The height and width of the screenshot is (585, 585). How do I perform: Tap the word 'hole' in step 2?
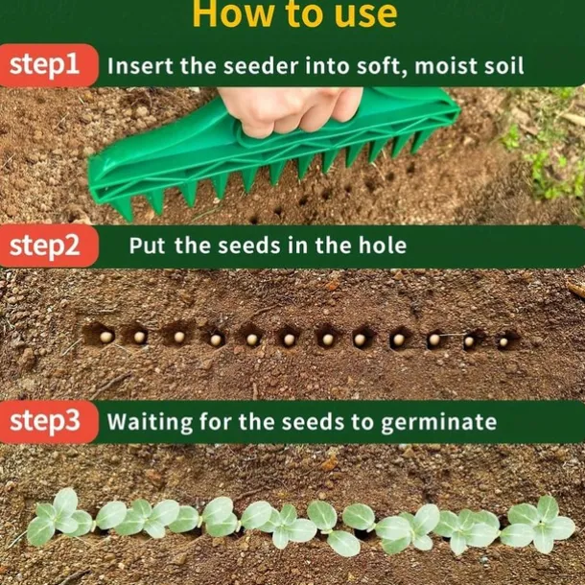pos(381,246)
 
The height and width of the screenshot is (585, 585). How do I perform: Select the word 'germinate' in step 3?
pos(441,423)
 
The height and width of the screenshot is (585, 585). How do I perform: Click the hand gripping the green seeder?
pos(288,110)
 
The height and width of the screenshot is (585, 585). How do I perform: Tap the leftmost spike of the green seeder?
pos(123,206)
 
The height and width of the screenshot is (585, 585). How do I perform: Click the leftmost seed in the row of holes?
pos(105,337)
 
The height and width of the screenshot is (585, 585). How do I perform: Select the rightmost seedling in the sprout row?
pos(542,523)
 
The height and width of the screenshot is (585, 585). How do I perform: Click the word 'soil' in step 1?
pos(503,66)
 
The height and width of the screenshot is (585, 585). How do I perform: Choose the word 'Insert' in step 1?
pos(137,66)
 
